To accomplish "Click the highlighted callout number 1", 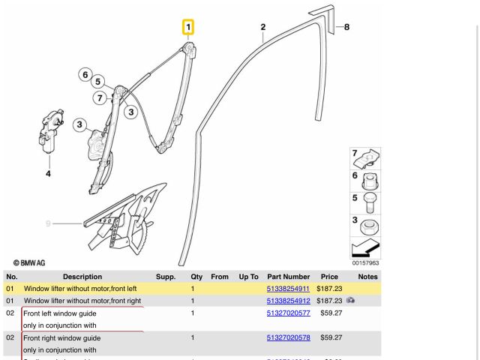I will coord(188,28).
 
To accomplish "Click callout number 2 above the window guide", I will coord(262,28).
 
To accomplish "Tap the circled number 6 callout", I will coord(85,74).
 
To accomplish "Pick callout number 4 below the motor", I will coord(49,175).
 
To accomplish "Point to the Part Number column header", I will coord(288,277).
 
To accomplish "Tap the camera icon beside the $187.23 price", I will coord(349,301).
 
